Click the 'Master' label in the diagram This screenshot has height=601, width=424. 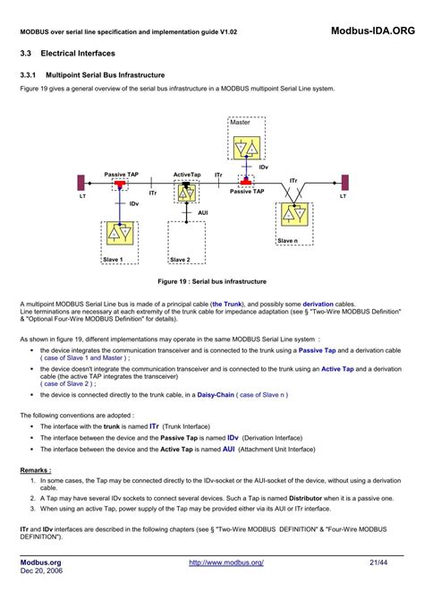(240, 122)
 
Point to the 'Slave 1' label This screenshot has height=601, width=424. (113, 260)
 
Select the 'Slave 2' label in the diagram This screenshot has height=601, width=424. (180, 260)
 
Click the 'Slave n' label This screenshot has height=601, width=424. (287, 241)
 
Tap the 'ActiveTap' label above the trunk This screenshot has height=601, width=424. (187, 175)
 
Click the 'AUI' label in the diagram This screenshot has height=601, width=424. (202, 212)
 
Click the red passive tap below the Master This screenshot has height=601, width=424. (245, 180)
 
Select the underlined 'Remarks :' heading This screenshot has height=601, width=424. (36, 468)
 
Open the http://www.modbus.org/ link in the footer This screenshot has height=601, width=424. (225, 562)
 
